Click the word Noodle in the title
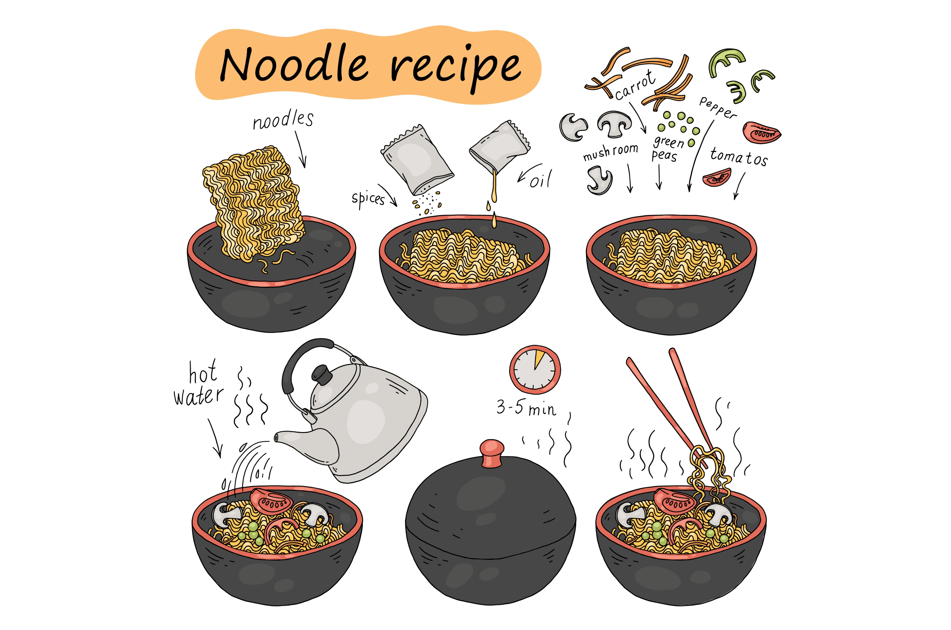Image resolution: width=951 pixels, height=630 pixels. point(294,64)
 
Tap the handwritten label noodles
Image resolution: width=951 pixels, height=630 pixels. point(283,120)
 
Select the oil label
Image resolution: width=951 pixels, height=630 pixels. point(541,179)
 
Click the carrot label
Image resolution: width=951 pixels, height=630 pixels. point(635,85)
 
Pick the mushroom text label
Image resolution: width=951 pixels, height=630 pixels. point(611,151)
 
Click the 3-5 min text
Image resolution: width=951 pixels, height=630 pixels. point(526,408)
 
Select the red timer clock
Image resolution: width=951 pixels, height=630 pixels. point(535,369)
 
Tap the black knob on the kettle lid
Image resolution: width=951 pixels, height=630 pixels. point(322,374)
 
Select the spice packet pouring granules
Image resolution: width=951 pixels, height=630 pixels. point(417,159)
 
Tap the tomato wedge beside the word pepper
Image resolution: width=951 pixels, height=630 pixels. point(762,133)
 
